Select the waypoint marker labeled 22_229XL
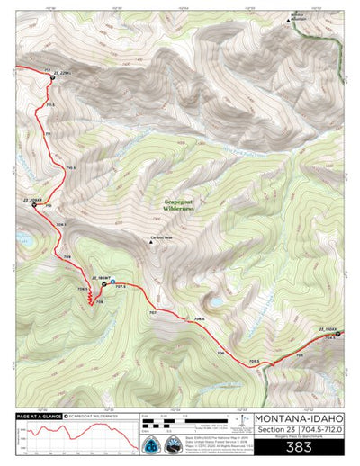point(52,77)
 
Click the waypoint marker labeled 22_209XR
point(33,205)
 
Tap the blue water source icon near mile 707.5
point(113,280)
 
